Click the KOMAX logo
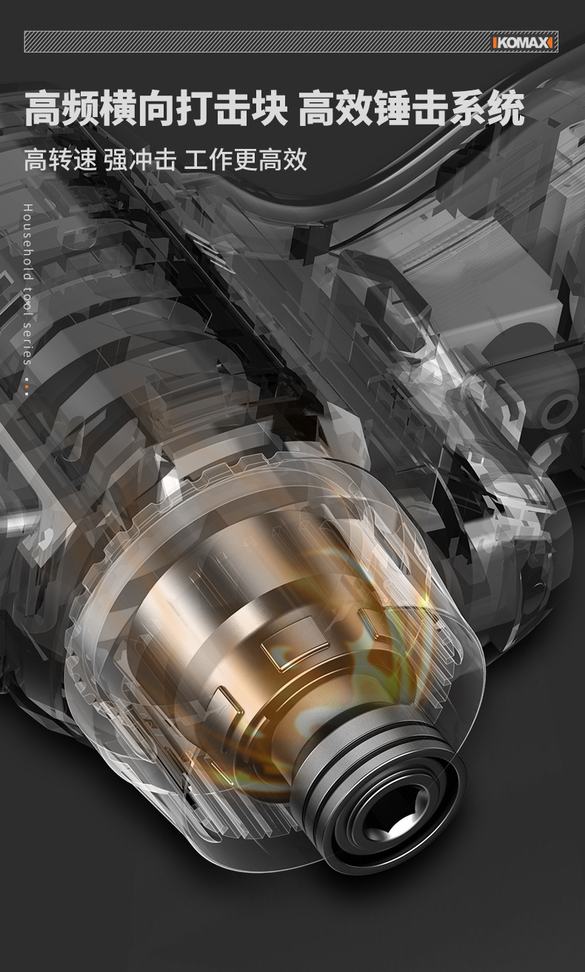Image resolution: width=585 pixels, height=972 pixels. [x=522, y=42]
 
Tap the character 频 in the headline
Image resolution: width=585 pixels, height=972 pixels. [x=81, y=107]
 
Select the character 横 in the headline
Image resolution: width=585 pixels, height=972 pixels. [x=118, y=107]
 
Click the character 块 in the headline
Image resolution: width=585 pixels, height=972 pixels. [x=269, y=107]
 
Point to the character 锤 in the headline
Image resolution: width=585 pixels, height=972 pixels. [x=393, y=107]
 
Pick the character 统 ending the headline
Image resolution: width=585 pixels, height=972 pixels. [x=506, y=107]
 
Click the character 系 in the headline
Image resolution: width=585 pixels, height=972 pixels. [x=468, y=107]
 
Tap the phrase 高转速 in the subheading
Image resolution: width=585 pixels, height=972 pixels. [x=60, y=159]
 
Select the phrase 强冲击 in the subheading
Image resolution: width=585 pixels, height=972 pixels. [x=140, y=159]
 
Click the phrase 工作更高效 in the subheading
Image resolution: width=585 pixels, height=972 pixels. [x=245, y=159]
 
